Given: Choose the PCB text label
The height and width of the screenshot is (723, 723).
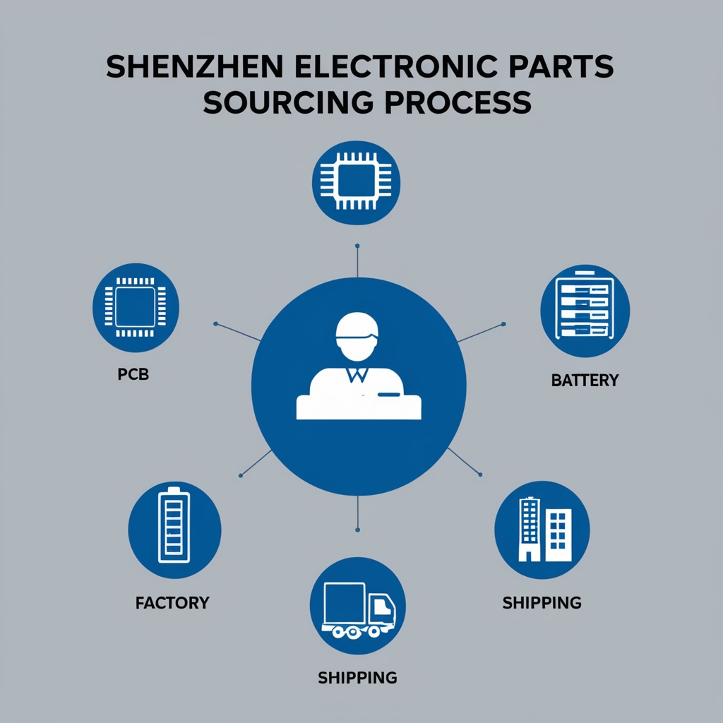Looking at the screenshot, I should pyautogui.click(x=133, y=374).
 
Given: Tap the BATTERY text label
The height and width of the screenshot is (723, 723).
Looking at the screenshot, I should pyautogui.click(x=584, y=381).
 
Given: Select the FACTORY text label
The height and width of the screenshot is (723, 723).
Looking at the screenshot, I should pyautogui.click(x=172, y=603).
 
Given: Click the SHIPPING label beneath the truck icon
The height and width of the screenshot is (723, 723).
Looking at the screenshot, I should pyautogui.click(x=357, y=678).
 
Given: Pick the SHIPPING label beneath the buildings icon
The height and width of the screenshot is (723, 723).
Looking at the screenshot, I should pyautogui.click(x=542, y=602).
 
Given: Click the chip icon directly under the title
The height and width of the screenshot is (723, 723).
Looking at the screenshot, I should pyautogui.click(x=357, y=183).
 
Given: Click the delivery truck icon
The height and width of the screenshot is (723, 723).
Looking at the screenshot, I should pyautogui.click(x=357, y=609).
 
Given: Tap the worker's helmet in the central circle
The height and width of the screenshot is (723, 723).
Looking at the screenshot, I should pyautogui.click(x=358, y=328).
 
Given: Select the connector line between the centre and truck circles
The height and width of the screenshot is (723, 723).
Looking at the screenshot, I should pyautogui.click(x=358, y=513).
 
